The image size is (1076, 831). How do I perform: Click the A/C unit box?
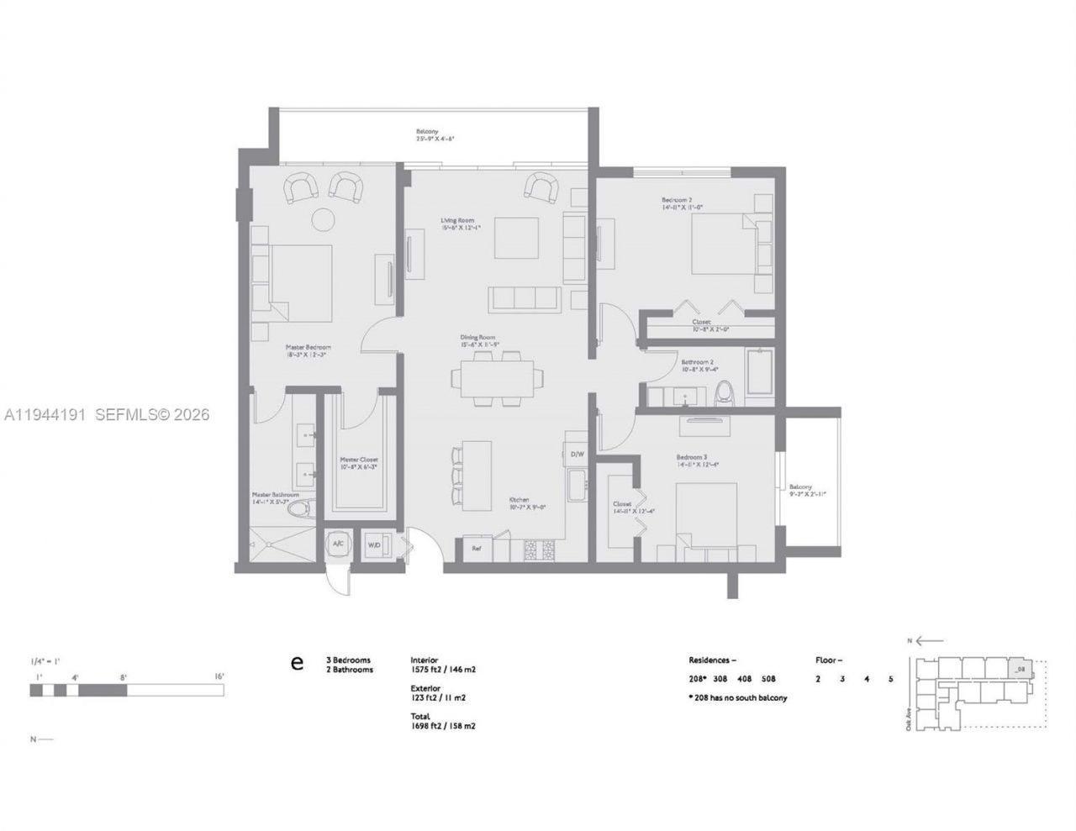click(x=338, y=544)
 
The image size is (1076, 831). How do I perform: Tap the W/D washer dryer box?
click(x=374, y=544)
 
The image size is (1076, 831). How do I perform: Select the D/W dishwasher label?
click(x=578, y=455)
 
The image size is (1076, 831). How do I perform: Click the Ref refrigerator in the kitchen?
click(x=476, y=549)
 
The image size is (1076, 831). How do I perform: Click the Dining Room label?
click(x=480, y=340)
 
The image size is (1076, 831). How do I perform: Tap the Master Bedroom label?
click(x=308, y=350)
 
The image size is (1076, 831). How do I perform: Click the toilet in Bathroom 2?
click(x=723, y=393)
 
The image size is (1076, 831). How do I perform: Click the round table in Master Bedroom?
click(x=324, y=219)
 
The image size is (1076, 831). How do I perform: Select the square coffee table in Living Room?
click(x=516, y=238)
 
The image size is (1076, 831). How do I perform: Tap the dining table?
click(x=496, y=378)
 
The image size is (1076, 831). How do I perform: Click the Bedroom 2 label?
click(x=682, y=202)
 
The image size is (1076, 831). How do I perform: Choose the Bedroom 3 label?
click(x=698, y=460)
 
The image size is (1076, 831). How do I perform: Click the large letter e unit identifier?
click(x=297, y=664)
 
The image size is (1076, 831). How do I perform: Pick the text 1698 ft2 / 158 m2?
click(x=443, y=726)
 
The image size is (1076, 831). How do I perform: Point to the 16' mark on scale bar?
click(x=219, y=676)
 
